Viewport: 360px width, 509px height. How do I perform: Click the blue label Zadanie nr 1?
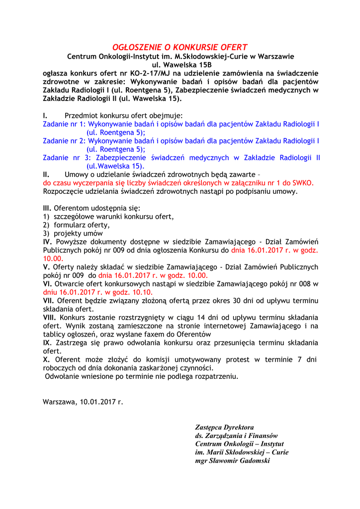point(64,124)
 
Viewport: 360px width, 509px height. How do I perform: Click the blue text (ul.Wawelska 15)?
point(115,166)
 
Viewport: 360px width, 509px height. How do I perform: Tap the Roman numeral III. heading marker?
point(47,208)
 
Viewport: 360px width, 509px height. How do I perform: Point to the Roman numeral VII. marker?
point(49,301)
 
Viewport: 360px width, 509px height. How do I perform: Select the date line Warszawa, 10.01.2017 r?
point(83,402)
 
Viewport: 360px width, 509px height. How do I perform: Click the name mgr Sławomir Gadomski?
point(232,461)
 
